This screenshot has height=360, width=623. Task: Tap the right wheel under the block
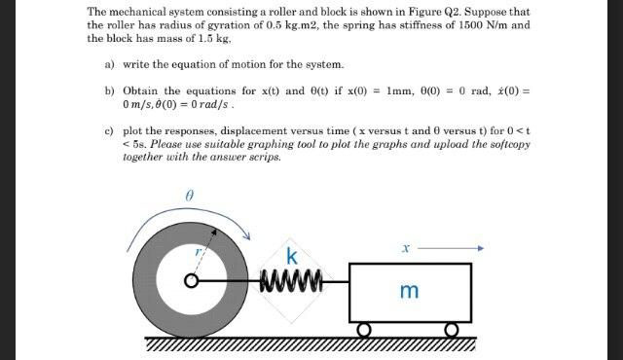(452, 331)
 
